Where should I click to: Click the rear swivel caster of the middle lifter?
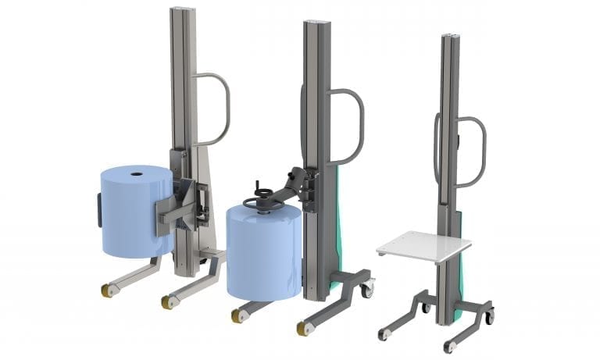(x=366, y=289)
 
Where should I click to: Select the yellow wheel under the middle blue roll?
(x=237, y=315)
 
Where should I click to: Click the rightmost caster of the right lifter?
(x=488, y=317)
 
